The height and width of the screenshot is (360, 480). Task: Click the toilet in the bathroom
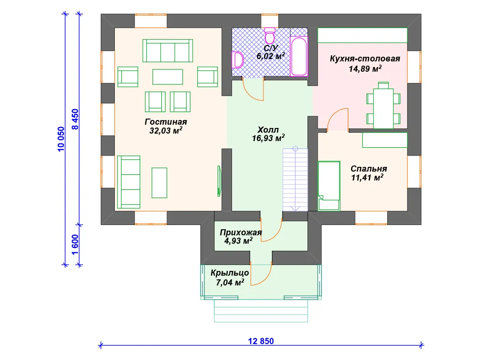pos(270,36)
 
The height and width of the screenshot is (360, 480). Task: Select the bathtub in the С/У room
pos(299,56)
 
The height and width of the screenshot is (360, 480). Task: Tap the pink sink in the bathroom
pos(237,60)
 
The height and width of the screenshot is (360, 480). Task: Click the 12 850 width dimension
pos(261,341)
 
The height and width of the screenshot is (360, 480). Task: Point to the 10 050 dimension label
pos(61,139)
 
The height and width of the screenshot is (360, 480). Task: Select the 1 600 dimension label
pos(75,245)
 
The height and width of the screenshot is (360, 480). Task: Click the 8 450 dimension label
pos(75,119)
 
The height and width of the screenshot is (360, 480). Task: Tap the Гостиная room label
pos(165,122)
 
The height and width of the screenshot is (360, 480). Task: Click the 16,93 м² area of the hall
pos(268,138)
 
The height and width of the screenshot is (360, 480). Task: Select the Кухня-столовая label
pos(365,59)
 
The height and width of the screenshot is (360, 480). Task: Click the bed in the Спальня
pos(329,186)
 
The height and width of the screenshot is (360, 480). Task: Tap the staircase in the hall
pos(295,180)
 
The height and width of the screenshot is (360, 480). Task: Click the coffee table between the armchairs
pos(168,77)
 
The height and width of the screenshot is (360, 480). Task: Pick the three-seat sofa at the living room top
pos(168,51)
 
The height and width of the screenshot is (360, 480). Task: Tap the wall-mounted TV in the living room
pos(219,181)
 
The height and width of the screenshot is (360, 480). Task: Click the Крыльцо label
pos(230,273)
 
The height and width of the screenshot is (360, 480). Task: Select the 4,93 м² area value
pos(239,241)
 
